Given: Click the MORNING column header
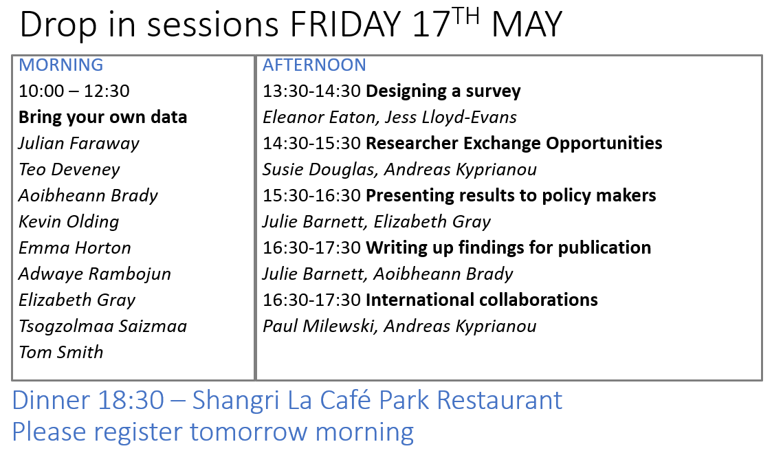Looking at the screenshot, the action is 61,65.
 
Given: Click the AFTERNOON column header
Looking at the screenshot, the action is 315,65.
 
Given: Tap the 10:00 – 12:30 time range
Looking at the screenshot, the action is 74,91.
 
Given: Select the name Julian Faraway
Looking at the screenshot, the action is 79,144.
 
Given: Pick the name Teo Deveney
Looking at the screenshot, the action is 69,169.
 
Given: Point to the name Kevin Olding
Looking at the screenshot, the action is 69,222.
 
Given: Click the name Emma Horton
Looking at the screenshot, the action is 75,247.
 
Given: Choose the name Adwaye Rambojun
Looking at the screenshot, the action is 95,274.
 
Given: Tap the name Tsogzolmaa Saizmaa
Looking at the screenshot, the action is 103,326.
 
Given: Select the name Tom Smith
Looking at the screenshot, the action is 61,352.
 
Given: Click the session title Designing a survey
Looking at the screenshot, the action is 443,91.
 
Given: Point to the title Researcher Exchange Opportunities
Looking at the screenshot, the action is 514,144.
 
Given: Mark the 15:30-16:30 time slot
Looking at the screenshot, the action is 311,195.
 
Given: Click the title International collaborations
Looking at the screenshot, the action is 482,300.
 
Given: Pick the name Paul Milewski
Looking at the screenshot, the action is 318,326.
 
